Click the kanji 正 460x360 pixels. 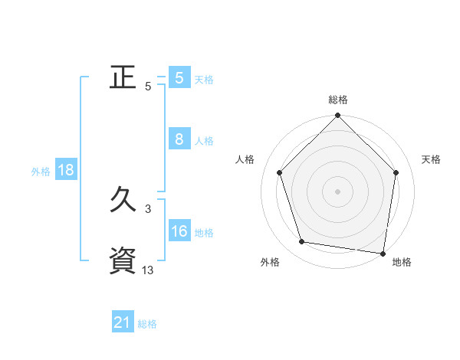point(123,77)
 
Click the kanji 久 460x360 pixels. point(123,201)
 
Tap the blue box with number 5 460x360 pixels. point(179,78)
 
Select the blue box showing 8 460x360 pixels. point(179,139)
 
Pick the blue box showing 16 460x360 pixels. point(179,231)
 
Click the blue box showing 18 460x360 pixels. point(66,170)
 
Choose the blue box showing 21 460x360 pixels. point(123,323)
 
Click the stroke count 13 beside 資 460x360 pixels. point(148,270)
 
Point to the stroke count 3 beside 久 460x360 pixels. point(148,208)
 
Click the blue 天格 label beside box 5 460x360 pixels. point(204,80)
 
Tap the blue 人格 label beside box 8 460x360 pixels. point(204,141)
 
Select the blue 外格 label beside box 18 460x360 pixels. point(41,172)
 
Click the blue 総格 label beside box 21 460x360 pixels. point(147,325)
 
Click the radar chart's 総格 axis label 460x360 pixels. point(338,100)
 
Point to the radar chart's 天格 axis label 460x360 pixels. point(432,159)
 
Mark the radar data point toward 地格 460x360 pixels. point(383,252)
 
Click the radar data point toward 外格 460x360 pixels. point(302,242)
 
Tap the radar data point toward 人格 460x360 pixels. point(279,172)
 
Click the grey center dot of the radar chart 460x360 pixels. point(337,191)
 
